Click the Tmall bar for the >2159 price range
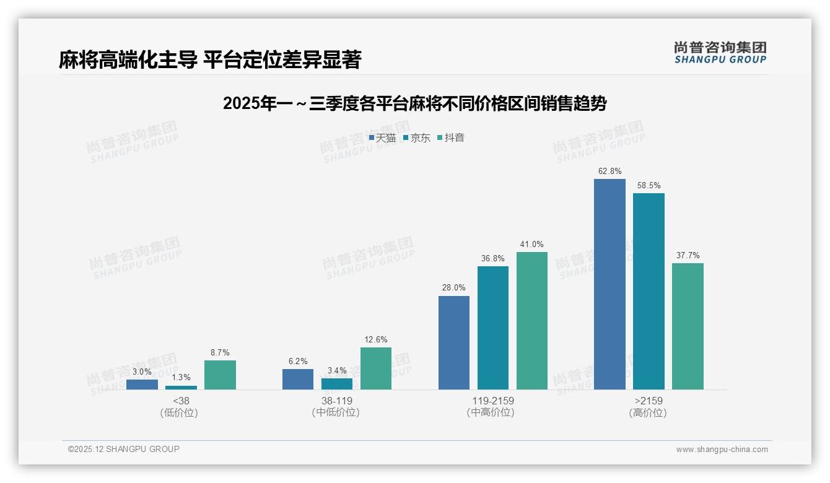tap(609, 284)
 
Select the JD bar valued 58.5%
tap(649, 291)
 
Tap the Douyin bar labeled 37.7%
tap(688, 326)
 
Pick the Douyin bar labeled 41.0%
tap(532, 321)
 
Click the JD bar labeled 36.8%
tap(493, 328)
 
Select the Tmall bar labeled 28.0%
tap(454, 342)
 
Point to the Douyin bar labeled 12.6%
tap(376, 368)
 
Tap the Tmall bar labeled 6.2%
tap(298, 379)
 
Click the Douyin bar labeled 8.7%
tap(220, 375)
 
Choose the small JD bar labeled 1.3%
tap(181, 388)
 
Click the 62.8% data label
tap(609, 171)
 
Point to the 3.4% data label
tap(337, 370)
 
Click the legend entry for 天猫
tap(382, 138)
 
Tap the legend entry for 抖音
tap(451, 138)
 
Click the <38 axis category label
tap(181, 401)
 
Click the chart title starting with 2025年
tap(414, 103)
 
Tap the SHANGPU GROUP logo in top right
tap(720, 53)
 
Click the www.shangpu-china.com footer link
tap(722, 450)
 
